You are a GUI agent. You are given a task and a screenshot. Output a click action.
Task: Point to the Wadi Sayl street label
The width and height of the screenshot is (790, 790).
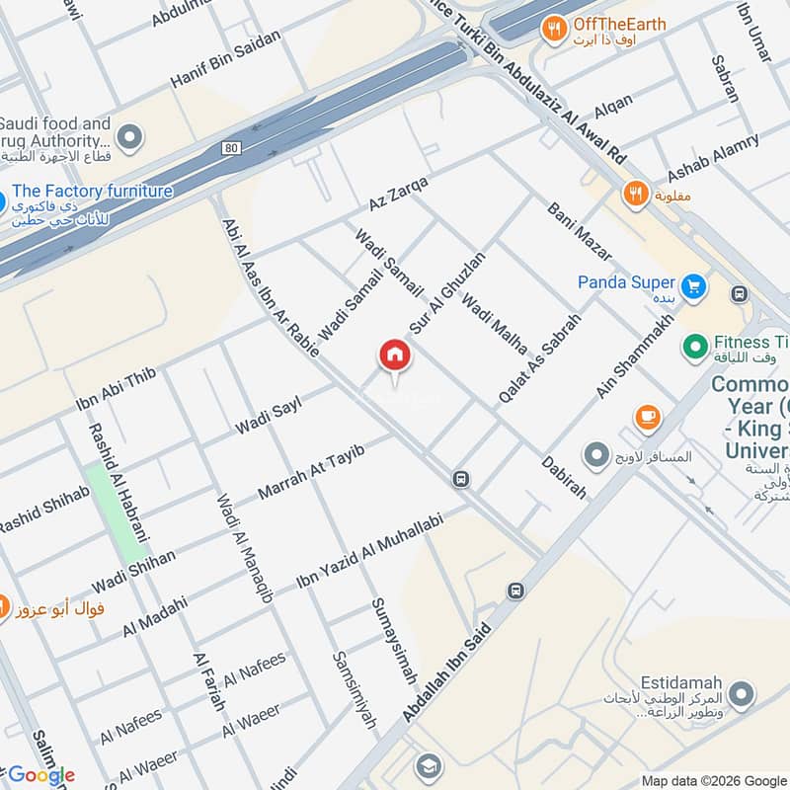[267, 414]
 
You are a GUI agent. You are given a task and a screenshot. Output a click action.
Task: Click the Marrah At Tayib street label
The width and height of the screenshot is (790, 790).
[311, 471]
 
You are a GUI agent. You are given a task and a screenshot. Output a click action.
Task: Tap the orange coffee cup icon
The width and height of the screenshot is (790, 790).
[647, 417]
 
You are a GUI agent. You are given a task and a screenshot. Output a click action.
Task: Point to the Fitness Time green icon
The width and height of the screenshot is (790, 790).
[695, 347]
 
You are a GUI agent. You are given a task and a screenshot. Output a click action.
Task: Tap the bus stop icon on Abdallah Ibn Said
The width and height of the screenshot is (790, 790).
[514, 591]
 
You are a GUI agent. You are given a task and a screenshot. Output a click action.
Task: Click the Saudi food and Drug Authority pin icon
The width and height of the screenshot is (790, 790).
[128, 136]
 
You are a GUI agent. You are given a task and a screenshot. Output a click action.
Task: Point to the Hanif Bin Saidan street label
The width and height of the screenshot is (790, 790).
[226, 59]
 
